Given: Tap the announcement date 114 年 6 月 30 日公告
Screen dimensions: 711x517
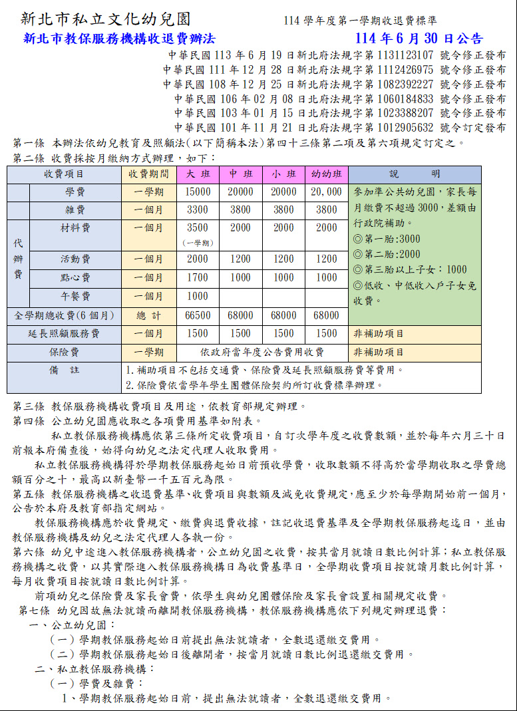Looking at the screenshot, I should [x=419, y=39].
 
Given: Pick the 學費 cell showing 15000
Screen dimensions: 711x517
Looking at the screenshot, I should [x=198, y=192].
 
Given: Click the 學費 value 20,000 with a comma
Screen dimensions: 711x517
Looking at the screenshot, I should [x=327, y=192].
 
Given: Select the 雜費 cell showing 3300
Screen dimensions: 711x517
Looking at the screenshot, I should [x=198, y=210].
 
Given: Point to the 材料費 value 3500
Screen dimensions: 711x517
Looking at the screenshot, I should [x=198, y=227].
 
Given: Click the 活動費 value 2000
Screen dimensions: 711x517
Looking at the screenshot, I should [x=198, y=259].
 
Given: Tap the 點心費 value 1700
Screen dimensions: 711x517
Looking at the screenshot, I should [x=198, y=277].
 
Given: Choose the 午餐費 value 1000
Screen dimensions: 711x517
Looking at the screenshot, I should [x=198, y=296].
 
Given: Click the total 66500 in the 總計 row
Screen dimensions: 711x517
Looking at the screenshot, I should [x=198, y=315].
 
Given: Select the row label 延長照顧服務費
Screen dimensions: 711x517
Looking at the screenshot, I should [x=64, y=334].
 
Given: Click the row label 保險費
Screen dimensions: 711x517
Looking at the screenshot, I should [x=64, y=352].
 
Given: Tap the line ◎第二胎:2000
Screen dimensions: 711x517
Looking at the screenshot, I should [x=387, y=254].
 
